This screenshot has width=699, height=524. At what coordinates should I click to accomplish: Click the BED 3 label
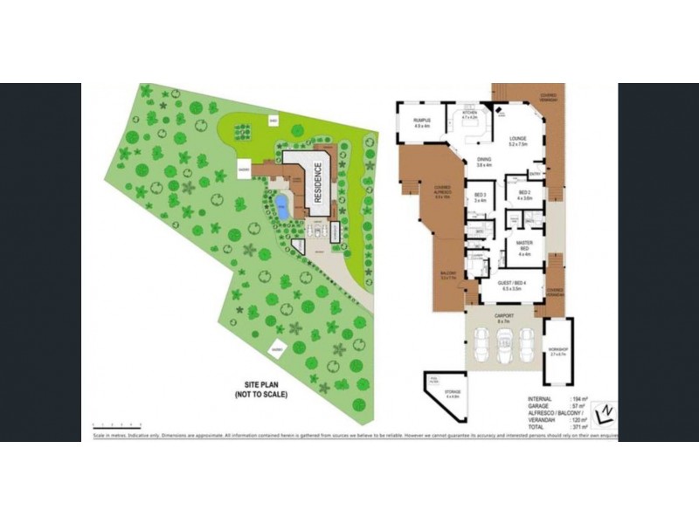pyautogui.click(x=480, y=196)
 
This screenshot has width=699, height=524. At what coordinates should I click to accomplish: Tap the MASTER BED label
pyautogui.click(x=524, y=245)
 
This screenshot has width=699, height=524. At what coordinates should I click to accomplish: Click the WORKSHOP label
pyautogui.click(x=557, y=352)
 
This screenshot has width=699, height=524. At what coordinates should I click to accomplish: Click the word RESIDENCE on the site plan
pyautogui.click(x=319, y=183)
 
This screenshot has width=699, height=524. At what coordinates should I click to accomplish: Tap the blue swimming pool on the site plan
pyautogui.click(x=280, y=207)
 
